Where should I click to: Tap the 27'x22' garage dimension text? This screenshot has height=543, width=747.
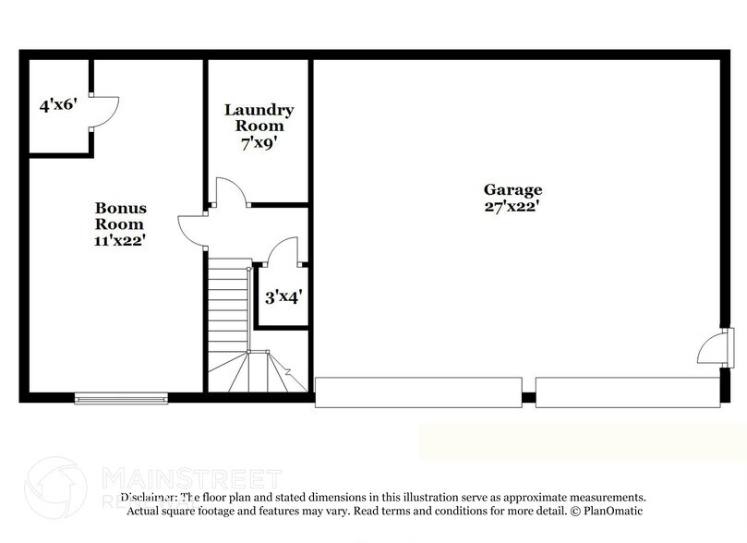tap(512, 207)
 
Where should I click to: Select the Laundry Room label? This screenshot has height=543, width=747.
tap(259, 117)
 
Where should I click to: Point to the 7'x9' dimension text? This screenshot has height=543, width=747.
tap(259, 142)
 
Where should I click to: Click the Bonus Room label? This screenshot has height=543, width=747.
tap(120, 216)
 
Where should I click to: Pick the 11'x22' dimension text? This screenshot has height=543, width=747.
tap(120, 240)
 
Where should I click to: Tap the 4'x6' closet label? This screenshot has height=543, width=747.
tap(57, 105)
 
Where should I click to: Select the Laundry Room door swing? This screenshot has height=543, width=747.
tap(229, 191)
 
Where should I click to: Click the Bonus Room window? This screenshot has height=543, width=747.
tap(121, 398)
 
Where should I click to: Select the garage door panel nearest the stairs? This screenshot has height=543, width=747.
tap(418, 392)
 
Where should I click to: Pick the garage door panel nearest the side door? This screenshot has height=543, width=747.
tap(628, 392)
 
